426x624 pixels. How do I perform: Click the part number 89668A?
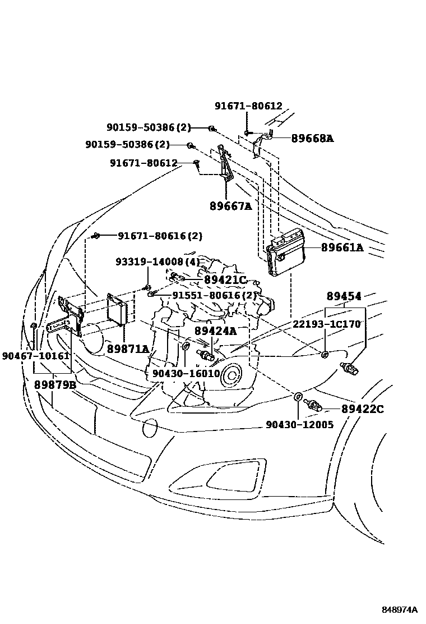coord(312,138)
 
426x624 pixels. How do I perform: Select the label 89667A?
coord(230,206)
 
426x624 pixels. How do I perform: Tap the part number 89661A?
coord(342,247)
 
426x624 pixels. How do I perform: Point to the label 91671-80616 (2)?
coord(160,236)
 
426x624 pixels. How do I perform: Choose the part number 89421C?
coord(225,279)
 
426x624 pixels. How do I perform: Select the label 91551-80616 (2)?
coord(214,295)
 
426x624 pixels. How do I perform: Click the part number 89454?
coord(344,296)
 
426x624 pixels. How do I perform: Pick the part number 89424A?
coord(215,331)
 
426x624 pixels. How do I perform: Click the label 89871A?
coord(128,349)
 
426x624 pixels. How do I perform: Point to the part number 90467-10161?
coord(35,356)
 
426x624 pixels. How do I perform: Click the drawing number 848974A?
coord(400,610)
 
